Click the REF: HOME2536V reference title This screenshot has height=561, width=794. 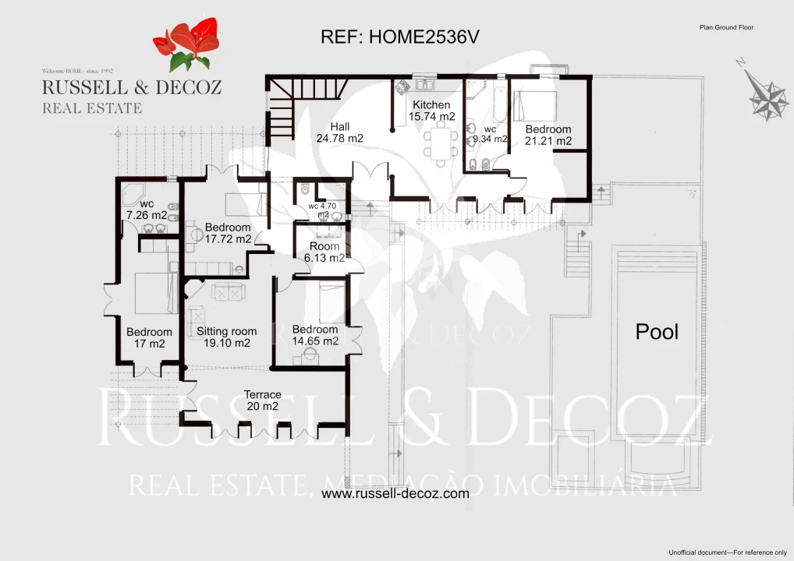point(400,37)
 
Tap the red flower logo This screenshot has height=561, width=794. point(187,44)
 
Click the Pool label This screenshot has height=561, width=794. point(657,332)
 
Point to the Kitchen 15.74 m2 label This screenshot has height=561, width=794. point(431,111)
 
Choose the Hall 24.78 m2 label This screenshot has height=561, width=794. point(340,132)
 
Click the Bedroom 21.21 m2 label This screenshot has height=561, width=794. point(548,135)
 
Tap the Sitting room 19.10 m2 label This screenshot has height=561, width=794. point(226,337)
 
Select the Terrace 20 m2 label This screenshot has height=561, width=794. point(262,400)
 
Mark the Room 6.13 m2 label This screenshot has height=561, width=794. point(324,252)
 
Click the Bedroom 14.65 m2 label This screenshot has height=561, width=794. point(315,335)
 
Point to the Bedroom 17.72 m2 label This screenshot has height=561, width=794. point(228,233)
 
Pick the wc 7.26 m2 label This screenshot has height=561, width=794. point(147,210)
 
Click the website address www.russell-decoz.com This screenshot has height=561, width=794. point(395,493)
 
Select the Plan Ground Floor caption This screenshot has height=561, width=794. point(727,27)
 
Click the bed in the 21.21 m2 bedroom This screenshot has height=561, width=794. point(535,106)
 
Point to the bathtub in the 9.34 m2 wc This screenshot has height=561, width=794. point(500,104)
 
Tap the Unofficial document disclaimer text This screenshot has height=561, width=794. point(728,552)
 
